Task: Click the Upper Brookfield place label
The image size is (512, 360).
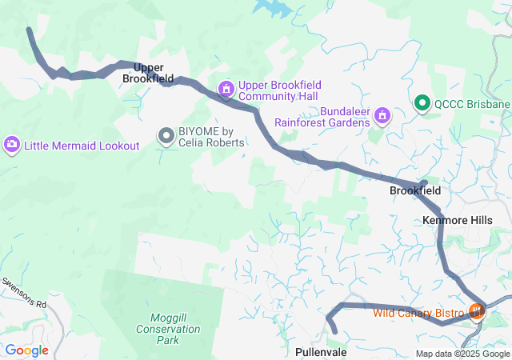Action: pyautogui.click(x=149, y=74)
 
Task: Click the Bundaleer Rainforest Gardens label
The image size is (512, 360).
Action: pyautogui.click(x=322, y=117)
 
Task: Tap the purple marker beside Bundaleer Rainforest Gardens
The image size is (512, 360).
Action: pyautogui.click(x=383, y=117)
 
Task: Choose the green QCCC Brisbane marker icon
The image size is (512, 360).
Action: pyautogui.click(x=422, y=104)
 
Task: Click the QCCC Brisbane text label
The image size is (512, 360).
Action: pyautogui.click(x=471, y=104)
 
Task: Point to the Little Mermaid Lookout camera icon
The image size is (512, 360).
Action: pyautogui.click(x=12, y=145)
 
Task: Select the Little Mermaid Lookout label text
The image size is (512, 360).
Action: pyautogui.click(x=82, y=146)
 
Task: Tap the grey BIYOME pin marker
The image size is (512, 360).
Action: pyautogui.click(x=166, y=137)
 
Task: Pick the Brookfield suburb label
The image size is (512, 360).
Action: pyautogui.click(x=414, y=191)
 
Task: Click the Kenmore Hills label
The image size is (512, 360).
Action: pyautogui.click(x=457, y=219)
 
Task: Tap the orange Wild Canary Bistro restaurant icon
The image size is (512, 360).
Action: pyautogui.click(x=476, y=311)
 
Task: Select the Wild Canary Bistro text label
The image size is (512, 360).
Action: pyautogui.click(x=418, y=312)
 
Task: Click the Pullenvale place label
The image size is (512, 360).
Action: pyautogui.click(x=321, y=352)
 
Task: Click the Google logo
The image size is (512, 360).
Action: pyautogui.click(x=27, y=350)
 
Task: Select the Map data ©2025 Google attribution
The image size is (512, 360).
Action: pyautogui.click(x=462, y=354)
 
